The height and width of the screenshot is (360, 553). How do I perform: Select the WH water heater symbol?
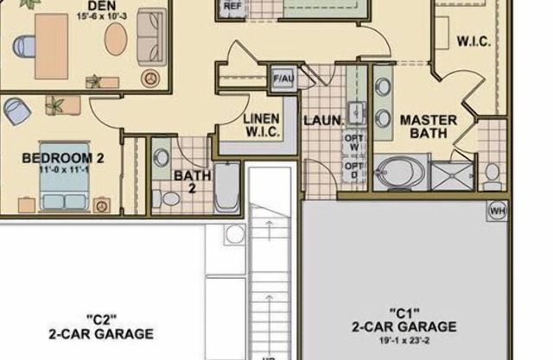click(497, 211)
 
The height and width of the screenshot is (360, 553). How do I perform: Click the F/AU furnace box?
click(283, 79)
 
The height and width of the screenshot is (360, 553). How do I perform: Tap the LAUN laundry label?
click(322, 119)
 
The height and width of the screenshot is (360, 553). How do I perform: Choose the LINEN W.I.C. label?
click(260, 126)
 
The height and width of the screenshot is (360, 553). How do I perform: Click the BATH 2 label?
click(193, 181)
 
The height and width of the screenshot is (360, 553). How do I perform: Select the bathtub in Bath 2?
click(227, 187)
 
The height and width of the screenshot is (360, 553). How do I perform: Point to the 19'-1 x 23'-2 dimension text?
click(404, 340)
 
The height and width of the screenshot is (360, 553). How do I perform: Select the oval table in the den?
click(115, 38)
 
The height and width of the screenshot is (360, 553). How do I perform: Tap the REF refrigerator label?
click(232, 6)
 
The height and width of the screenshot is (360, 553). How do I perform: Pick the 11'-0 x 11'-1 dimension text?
click(63, 170)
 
